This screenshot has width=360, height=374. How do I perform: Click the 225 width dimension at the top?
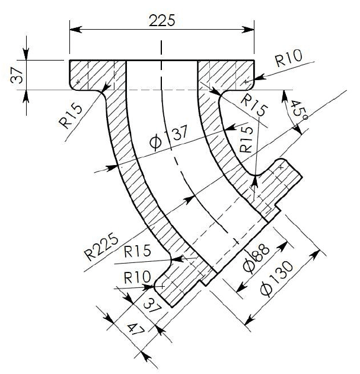tap(162, 20)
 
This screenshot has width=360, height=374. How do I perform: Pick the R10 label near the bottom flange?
tap(136, 277)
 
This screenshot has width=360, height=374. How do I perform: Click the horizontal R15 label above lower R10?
tap(138, 250)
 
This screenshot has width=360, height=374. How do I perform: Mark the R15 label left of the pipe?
tap(74, 115)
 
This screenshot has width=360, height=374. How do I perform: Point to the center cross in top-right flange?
tap(246, 81)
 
